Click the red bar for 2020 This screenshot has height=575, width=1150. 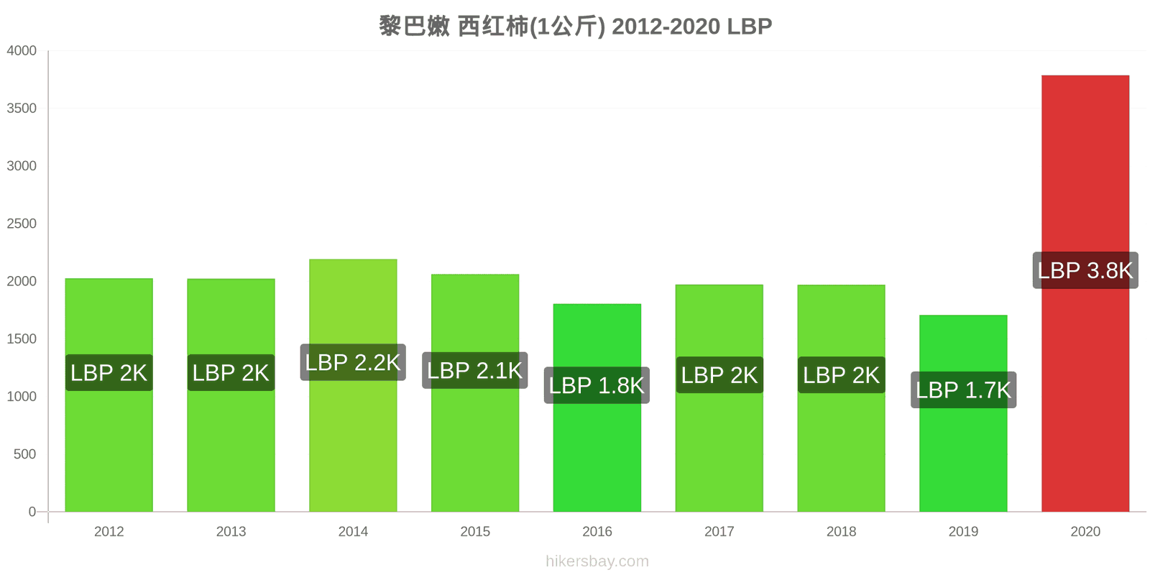[x=1085, y=293]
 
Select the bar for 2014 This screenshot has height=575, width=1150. [x=353, y=385]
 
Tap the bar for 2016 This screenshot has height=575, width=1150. [x=597, y=408]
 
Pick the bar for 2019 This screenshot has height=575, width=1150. [x=963, y=413]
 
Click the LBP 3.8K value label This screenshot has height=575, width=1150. [x=1085, y=270]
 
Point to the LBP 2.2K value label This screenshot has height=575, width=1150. [x=353, y=362]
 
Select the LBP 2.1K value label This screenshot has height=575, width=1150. [x=475, y=370]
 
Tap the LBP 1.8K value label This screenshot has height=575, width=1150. [x=597, y=385]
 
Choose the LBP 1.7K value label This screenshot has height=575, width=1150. [x=963, y=390]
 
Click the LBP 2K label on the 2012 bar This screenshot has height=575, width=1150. [x=109, y=373]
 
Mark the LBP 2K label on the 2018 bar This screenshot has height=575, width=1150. [x=842, y=374]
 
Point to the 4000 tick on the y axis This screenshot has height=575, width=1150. [x=22, y=50]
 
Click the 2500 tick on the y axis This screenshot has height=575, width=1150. [x=22, y=224]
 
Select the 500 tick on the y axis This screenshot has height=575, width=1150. [x=24, y=454]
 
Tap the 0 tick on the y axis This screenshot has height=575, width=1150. [x=32, y=511]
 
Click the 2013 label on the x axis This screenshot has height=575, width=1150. [x=231, y=531]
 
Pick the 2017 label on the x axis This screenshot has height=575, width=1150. [x=719, y=531]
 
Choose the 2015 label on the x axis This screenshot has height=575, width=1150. [x=475, y=531]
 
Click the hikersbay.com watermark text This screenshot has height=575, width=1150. [x=597, y=561]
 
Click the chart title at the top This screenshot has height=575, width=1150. [x=576, y=26]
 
